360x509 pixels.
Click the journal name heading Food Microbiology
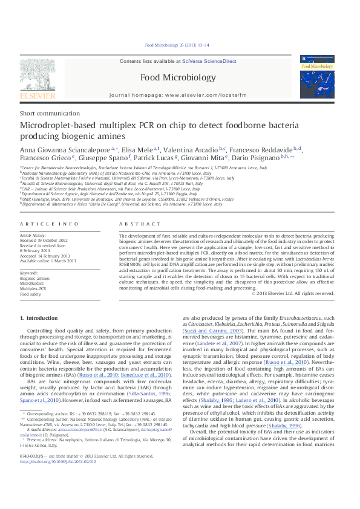177,77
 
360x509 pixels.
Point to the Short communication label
45,114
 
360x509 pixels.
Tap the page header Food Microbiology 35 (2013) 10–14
178,45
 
